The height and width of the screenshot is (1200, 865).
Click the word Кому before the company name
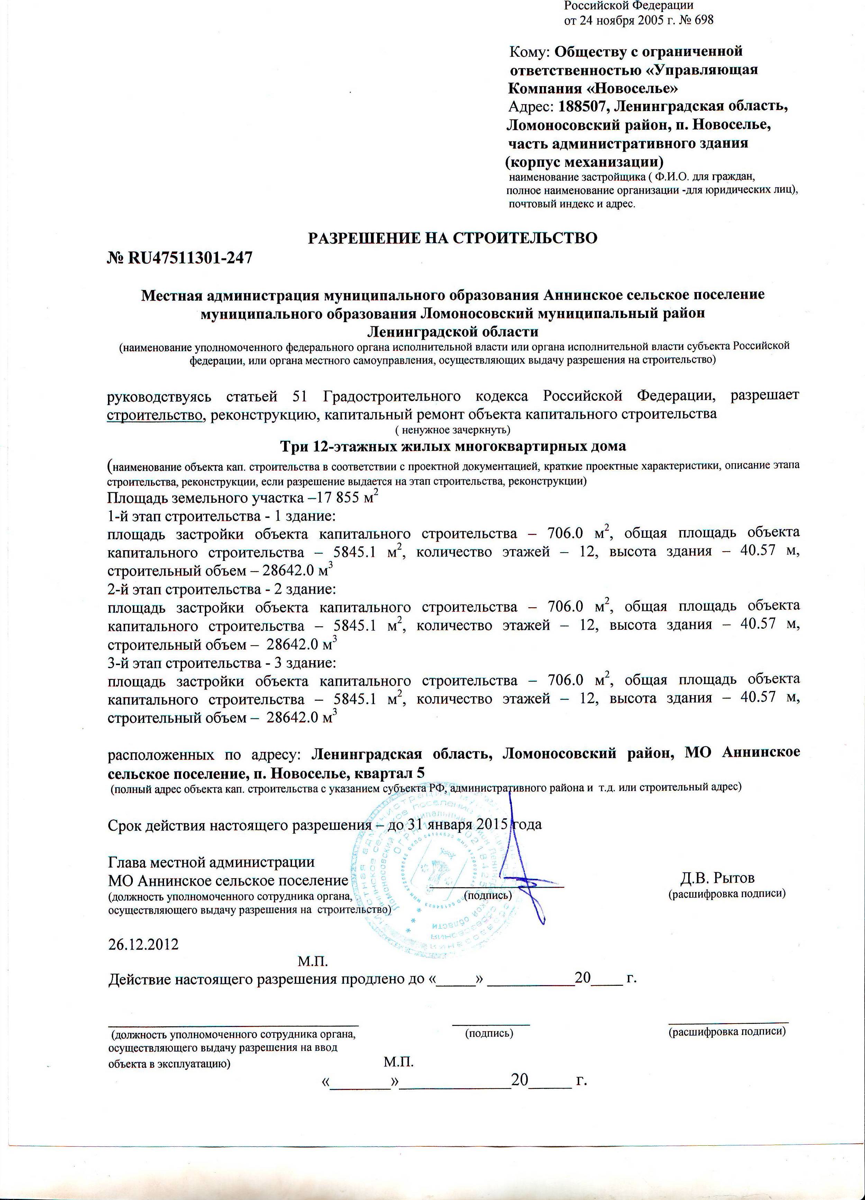pyautogui.click(x=530, y=52)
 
